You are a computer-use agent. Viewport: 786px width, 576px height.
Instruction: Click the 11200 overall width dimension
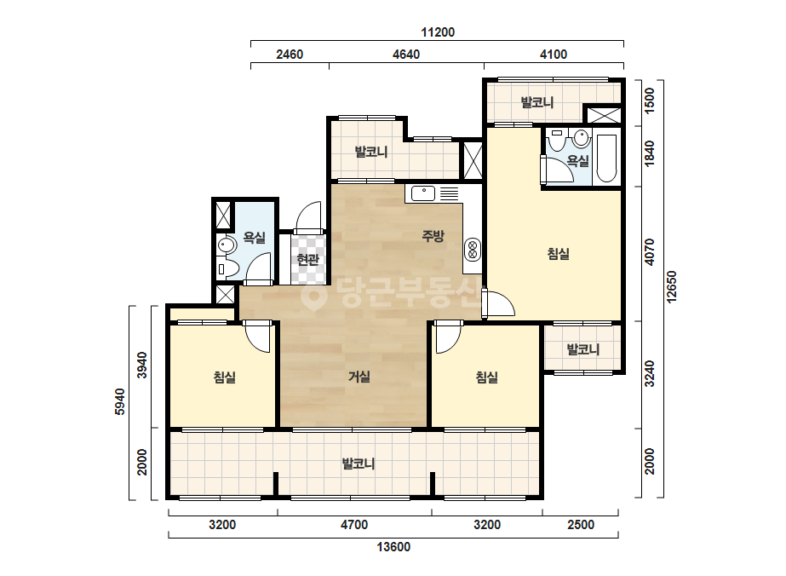click(438, 32)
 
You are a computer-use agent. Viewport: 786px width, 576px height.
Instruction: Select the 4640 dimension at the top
click(406, 55)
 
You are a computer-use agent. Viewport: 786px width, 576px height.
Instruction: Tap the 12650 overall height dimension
click(672, 286)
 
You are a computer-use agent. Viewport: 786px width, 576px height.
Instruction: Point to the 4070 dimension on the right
click(650, 252)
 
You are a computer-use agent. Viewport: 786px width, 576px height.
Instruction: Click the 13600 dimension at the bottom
click(393, 547)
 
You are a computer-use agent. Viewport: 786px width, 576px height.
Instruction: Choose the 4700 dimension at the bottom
click(354, 525)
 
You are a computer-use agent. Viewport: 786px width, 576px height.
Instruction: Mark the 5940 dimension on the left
click(120, 401)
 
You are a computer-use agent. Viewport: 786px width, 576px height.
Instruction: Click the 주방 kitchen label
click(433, 236)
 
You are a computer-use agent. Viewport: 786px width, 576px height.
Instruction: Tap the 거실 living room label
click(359, 377)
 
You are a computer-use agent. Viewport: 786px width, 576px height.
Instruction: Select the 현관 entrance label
click(307, 259)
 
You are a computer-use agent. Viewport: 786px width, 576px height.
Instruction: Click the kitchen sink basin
click(423, 193)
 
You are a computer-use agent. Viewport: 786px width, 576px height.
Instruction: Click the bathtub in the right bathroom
click(606, 158)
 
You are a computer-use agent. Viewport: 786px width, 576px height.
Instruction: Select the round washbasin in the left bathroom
click(227, 246)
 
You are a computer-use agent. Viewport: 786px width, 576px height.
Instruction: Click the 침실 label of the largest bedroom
click(558, 253)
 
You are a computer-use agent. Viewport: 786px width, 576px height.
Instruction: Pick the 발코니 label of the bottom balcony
click(359, 464)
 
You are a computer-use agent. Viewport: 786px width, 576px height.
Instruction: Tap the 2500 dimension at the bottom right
click(581, 525)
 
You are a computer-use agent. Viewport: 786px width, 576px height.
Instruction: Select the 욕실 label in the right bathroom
click(578, 161)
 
